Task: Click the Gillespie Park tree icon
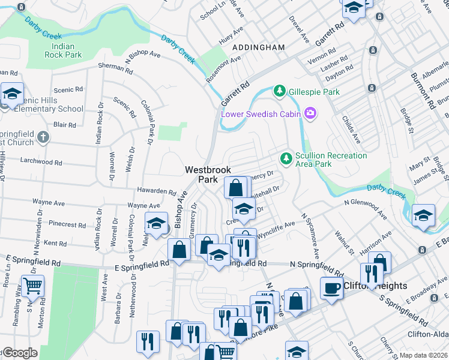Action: pos(279,91)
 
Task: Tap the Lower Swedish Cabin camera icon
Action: pos(310,113)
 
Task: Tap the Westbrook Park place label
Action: pos(208,175)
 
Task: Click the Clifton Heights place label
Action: pos(376,286)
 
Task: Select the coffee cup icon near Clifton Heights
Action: pos(331,289)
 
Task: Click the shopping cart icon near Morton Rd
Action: pos(32,286)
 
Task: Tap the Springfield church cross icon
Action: pos(43,137)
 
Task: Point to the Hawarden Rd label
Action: pos(155,193)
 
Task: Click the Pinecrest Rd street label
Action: pos(68,224)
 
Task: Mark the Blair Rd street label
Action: pos(64,125)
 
